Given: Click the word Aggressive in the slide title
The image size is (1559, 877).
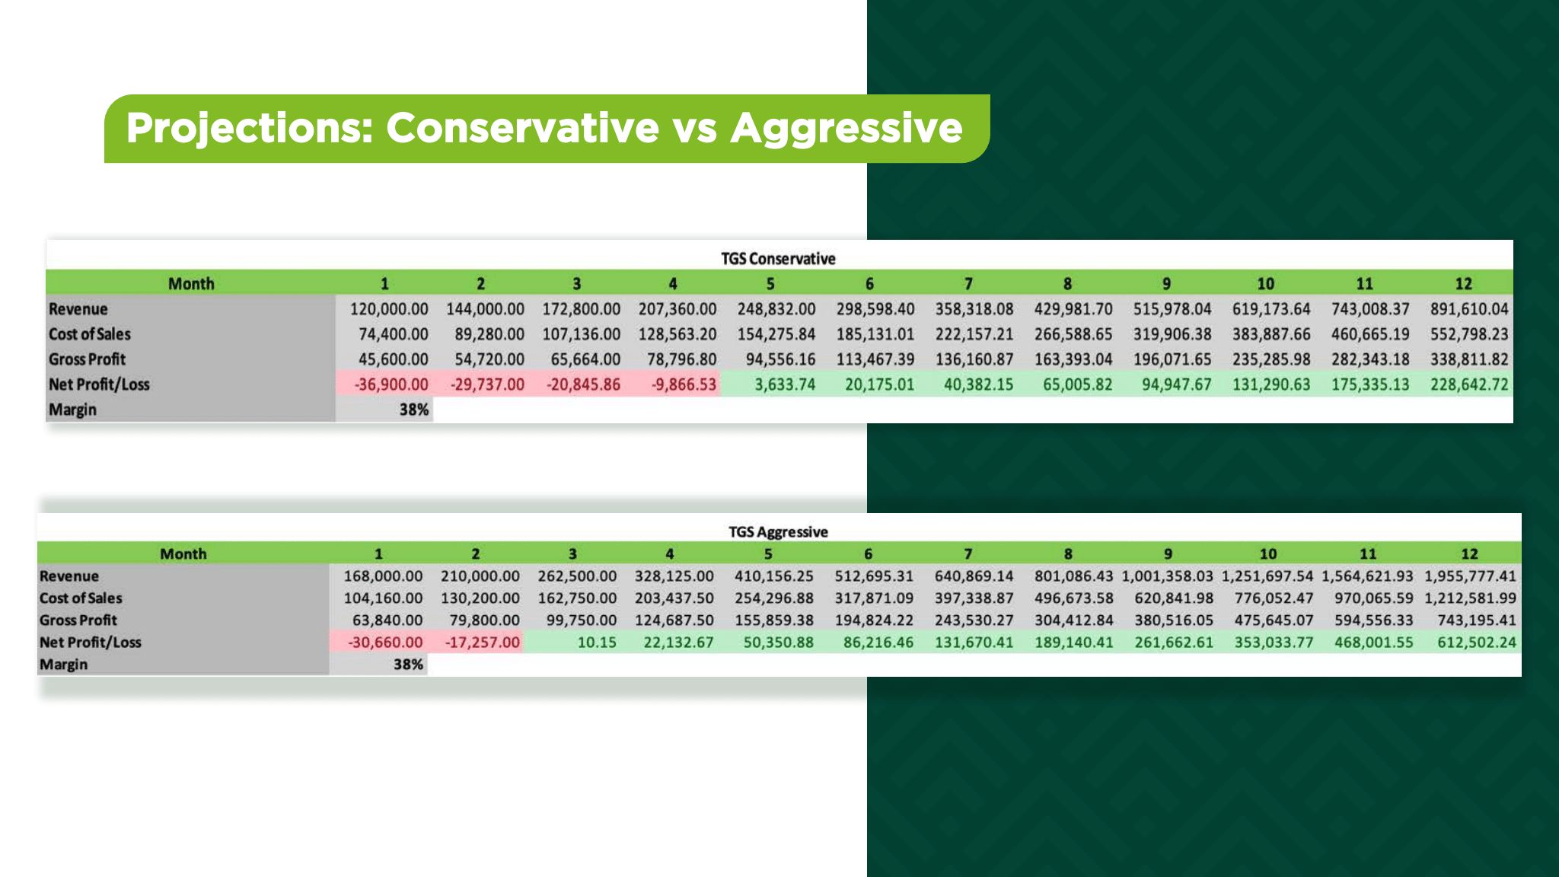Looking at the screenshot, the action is pos(846,128).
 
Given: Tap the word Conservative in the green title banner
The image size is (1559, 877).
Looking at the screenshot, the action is pos(522,127).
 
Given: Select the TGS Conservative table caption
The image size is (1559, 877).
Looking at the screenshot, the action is pos(778,259).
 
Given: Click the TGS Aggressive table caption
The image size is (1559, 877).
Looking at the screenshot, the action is pos(778,531).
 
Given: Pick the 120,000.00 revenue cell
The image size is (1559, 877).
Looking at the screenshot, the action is pos(389,309).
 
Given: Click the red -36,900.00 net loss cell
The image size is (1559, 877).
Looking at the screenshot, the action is pos(391,384).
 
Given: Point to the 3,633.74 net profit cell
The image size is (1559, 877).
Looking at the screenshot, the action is pos(785,384).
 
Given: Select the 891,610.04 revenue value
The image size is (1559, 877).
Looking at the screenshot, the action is pos(1469,309).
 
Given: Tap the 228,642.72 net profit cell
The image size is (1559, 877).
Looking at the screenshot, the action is pos(1469,384).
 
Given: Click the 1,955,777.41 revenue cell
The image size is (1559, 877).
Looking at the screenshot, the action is pos(1471,576).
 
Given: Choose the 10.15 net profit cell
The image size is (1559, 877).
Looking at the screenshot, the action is pos(597,643).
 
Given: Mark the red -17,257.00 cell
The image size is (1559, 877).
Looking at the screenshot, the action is pos(483,643).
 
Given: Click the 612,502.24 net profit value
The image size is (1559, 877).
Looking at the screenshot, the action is pos(1477,643).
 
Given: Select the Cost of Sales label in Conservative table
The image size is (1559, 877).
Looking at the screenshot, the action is pos(90,334).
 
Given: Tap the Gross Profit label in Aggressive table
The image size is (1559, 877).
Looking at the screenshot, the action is pos(78,620).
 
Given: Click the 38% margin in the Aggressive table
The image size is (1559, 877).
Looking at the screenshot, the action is pos(408,665).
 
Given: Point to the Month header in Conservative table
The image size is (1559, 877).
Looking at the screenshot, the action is pos(191,284).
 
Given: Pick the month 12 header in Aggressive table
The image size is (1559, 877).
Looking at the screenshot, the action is pos(1469,554).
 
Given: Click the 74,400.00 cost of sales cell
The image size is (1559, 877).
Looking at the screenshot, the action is pos(394,334).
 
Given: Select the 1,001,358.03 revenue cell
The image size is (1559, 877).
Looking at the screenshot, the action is pos(1168,576).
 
